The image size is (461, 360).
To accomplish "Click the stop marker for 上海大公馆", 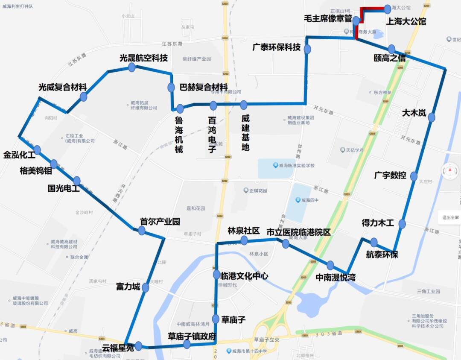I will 388,8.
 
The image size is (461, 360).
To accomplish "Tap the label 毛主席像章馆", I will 328,19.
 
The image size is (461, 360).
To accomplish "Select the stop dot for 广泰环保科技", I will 307,49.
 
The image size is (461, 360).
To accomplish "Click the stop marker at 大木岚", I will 432,117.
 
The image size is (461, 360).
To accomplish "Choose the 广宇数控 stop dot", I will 414,176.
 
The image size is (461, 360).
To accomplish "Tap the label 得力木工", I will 377,223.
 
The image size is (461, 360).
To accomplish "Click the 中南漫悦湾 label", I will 336,278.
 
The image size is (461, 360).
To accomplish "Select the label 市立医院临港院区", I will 298,232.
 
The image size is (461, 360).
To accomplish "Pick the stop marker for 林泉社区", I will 244,240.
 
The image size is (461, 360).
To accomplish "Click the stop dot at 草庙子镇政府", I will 187,344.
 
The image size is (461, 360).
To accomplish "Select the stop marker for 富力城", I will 145,288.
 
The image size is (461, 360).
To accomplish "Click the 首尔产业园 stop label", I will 160,222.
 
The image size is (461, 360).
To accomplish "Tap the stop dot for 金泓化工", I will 37,150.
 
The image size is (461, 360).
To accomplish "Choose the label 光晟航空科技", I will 143,58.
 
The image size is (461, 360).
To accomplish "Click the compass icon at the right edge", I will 450,172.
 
